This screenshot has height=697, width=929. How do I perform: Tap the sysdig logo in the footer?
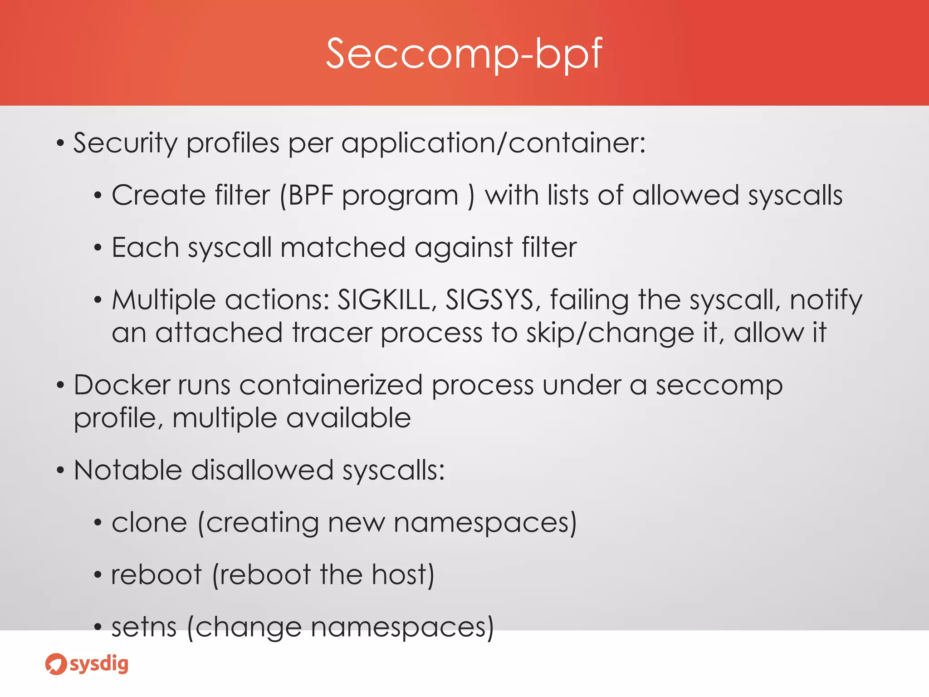[x=87, y=664]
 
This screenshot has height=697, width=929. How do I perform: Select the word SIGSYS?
[x=490, y=300]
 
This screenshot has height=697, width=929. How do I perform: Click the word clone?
[x=149, y=523]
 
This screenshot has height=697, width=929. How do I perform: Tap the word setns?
[x=144, y=627]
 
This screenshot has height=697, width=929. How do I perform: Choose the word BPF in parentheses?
[x=311, y=196]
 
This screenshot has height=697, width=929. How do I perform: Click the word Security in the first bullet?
[x=125, y=143]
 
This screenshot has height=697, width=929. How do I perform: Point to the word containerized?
[x=331, y=385]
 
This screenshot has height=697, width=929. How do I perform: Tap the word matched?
[x=342, y=248]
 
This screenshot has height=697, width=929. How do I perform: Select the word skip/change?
[x=610, y=334]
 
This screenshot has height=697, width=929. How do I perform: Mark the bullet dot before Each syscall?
[x=98, y=248]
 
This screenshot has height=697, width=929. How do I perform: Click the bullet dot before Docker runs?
[x=60, y=386]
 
